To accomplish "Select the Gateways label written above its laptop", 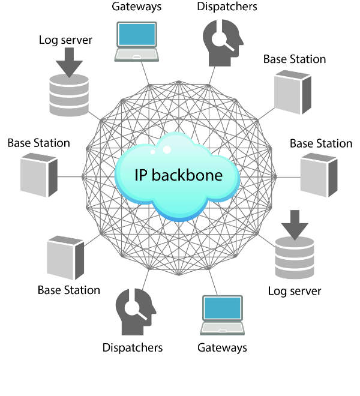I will (136, 7).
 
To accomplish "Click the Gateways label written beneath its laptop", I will (222, 347).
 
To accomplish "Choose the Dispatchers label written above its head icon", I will (227, 7).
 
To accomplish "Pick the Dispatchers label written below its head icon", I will (133, 347).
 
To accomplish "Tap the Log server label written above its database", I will (65, 40).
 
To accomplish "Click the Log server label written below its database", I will (295, 291).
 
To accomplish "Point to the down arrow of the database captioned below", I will (295, 224).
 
